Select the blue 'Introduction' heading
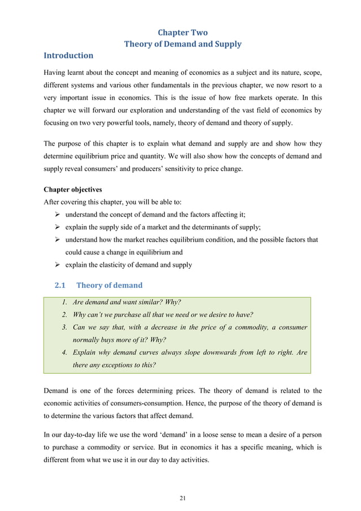pos(68,56)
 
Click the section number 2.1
pos(59,285)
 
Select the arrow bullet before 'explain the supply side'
pos(57,227)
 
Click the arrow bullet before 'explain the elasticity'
pos(57,265)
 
